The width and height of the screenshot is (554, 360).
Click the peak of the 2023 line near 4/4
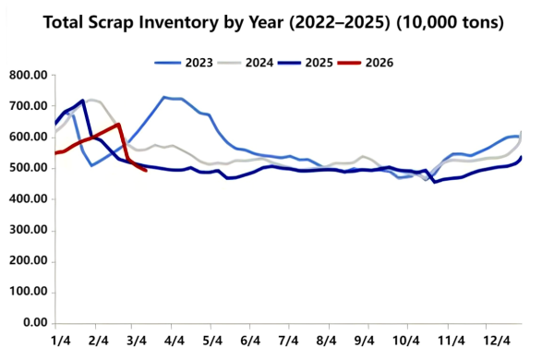point(164,97)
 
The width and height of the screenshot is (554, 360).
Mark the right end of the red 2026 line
point(146,170)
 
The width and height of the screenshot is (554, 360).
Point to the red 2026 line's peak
point(119,124)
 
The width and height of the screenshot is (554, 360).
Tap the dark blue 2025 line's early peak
point(83,101)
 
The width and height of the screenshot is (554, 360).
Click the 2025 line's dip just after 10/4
point(435,182)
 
